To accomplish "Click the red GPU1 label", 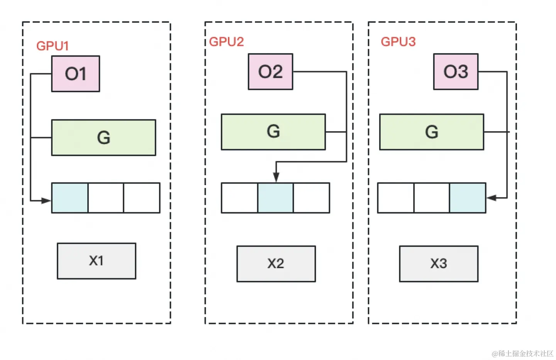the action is [53, 46].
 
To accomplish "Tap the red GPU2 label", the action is [226, 42].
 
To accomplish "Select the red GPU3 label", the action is [398, 42].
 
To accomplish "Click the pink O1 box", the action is [76, 74].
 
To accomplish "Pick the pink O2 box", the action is [271, 72].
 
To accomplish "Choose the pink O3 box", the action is [456, 72].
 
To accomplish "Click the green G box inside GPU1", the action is [104, 138].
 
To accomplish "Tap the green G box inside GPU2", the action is [273, 132].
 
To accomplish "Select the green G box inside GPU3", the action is [432, 132].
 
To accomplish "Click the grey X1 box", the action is [97, 261].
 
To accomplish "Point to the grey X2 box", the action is [276, 264].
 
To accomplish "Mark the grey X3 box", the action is [439, 264].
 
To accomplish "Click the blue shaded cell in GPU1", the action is [70, 198].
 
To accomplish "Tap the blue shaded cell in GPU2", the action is [276, 198].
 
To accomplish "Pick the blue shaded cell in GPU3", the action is [468, 198].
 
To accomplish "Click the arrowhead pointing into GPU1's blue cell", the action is [46, 201].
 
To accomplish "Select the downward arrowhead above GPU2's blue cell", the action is [276, 177].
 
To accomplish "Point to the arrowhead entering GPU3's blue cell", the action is [492, 198].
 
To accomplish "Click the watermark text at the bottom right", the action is [522, 353].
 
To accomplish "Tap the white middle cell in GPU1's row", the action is [106, 198].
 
